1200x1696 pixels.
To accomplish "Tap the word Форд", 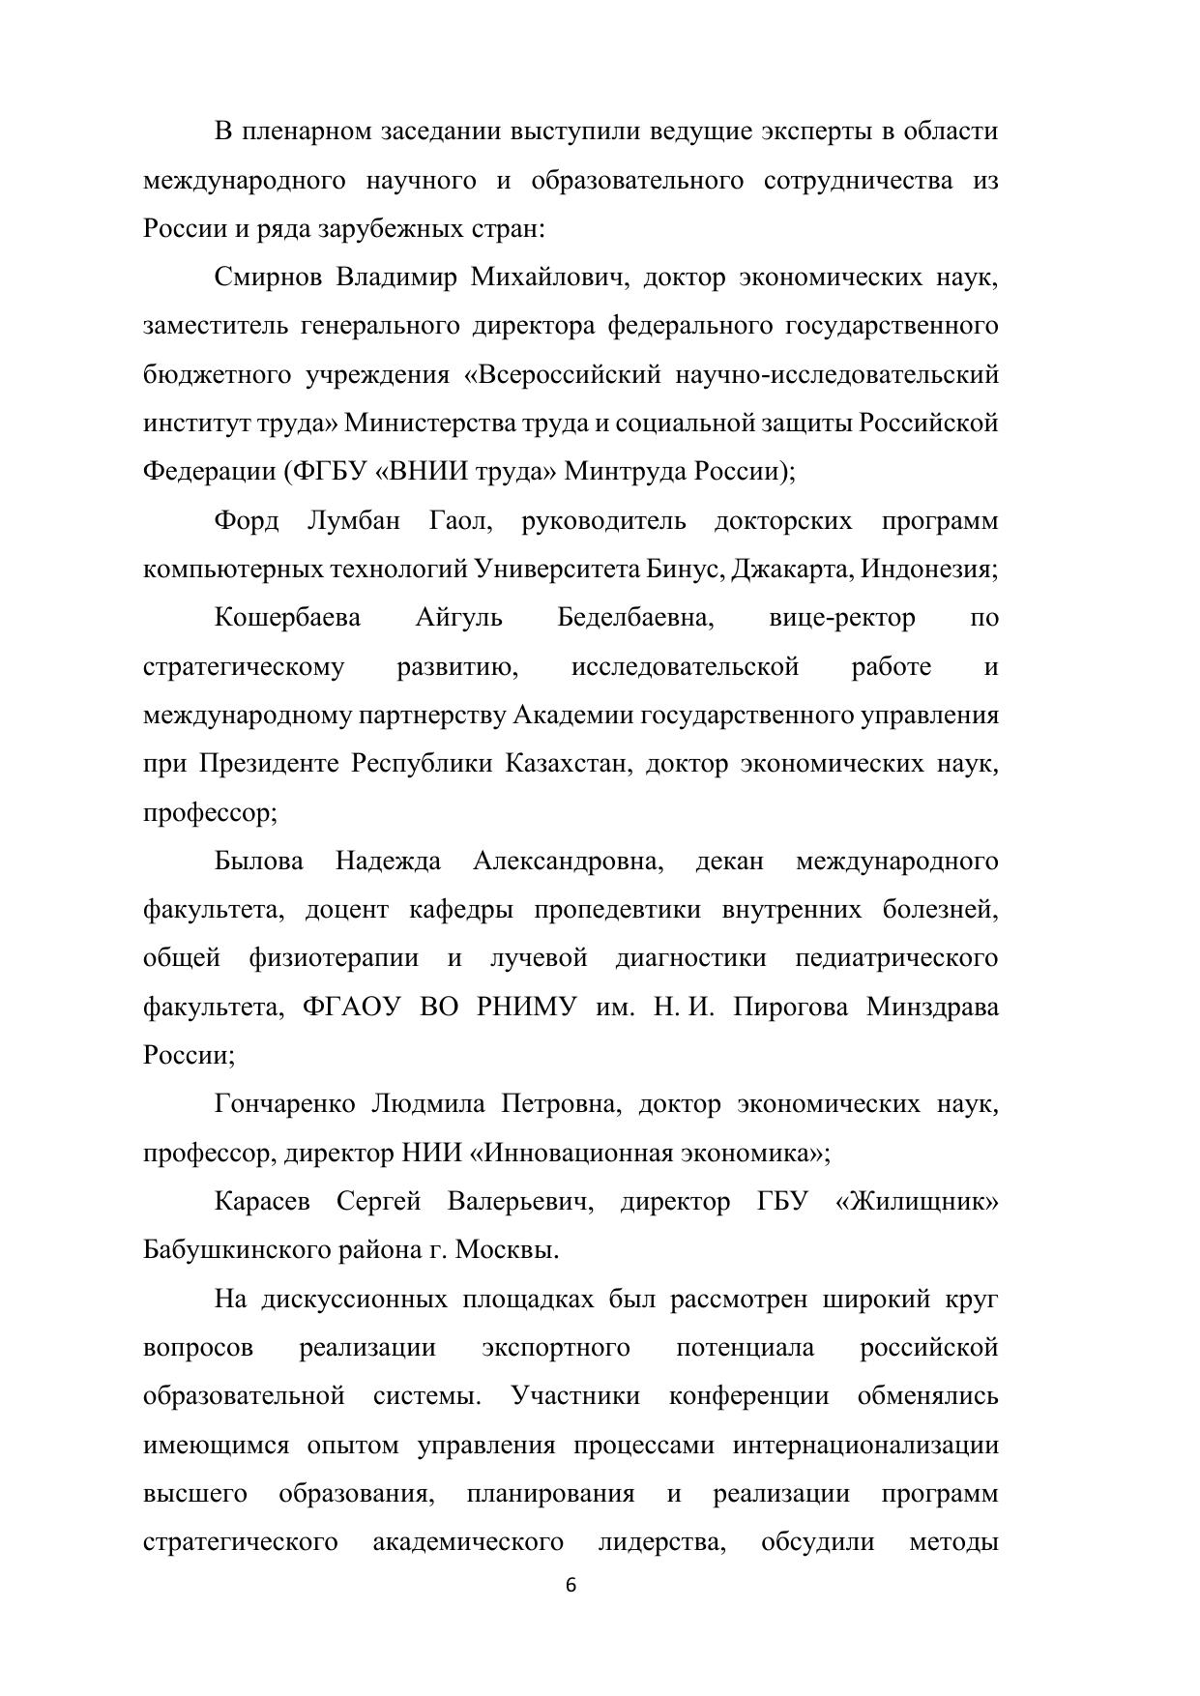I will (x=246, y=521).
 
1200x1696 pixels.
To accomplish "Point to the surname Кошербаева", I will (x=287, y=618).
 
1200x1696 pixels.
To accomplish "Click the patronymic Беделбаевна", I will (x=635, y=618).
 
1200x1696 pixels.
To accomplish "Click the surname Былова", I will (x=258, y=861).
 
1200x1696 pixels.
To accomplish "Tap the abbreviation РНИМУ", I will (x=527, y=1007).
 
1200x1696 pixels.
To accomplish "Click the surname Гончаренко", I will (x=285, y=1104).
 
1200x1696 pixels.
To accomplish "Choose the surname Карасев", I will (x=262, y=1202).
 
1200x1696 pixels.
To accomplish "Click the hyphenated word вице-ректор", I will (x=842, y=618).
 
